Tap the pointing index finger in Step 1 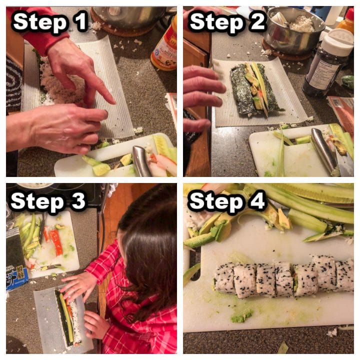tap(102, 90)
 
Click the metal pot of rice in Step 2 tap(292, 27)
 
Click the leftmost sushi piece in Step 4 tap(224, 278)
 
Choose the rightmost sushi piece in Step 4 tap(344, 275)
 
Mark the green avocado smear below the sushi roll tap(241, 316)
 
